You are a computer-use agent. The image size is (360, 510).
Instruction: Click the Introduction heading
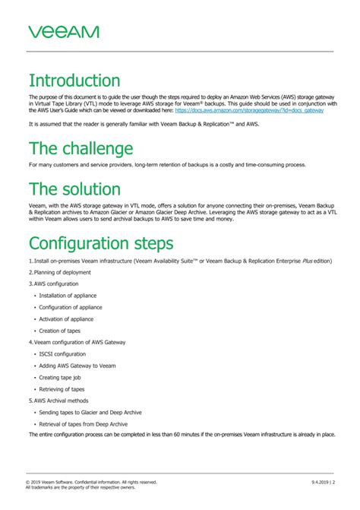[74, 81]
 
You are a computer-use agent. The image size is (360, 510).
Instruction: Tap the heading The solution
[74, 188]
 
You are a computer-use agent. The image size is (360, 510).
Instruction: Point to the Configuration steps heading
[101, 242]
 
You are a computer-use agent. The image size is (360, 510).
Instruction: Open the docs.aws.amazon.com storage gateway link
[249, 110]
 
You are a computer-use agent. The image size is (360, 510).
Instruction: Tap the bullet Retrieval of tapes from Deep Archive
[83, 423]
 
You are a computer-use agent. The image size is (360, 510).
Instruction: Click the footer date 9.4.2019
[319, 482]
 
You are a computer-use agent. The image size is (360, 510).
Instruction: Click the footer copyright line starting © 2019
[91, 482]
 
